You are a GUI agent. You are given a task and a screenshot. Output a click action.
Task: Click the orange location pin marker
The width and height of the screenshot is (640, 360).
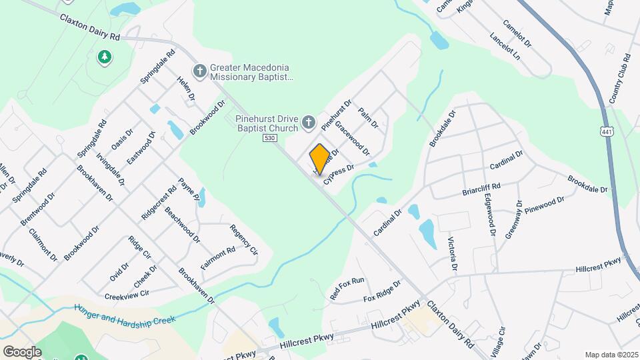(319, 159)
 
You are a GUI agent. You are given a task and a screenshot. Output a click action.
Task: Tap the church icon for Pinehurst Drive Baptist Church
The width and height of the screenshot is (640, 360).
(308, 121)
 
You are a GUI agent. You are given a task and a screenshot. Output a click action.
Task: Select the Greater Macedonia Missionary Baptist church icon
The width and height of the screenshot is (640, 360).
(199, 71)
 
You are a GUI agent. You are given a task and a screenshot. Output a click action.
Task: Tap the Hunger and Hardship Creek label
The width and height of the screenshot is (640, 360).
(125, 314)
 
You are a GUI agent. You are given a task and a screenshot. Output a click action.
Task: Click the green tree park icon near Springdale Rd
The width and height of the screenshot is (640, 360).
(104, 57)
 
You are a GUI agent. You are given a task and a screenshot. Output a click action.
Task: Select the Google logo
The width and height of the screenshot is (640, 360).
(22, 351)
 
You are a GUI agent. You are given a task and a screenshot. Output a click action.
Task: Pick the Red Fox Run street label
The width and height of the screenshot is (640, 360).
(347, 288)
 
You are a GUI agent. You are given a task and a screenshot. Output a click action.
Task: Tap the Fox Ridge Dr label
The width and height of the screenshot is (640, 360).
(382, 291)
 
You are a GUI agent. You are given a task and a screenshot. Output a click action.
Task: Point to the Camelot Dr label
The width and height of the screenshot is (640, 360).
(517, 33)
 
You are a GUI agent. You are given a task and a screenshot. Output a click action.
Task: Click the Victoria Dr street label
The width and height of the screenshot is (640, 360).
(453, 254)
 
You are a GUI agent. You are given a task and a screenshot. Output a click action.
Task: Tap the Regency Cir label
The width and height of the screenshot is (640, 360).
(243, 239)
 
